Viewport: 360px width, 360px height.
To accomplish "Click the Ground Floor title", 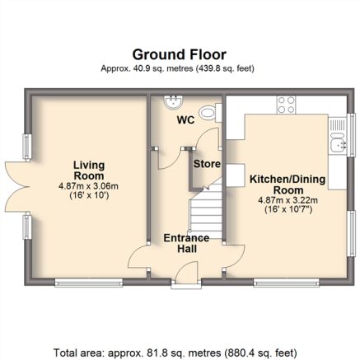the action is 180,54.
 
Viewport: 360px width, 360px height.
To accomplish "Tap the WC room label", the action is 185,120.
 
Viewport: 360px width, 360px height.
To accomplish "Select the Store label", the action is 207,164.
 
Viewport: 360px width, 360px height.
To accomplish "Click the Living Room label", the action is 89,171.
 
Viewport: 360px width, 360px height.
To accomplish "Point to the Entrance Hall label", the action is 186,243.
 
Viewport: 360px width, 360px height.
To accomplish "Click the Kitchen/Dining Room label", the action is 288,185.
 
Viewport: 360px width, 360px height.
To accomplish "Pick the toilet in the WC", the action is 211,112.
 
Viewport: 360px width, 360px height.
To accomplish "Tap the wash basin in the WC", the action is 173,102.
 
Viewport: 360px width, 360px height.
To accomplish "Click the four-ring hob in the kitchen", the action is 287,105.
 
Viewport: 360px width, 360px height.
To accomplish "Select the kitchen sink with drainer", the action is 338,136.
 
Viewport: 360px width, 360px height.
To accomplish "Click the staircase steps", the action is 206,210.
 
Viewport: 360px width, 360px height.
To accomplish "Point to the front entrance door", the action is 187,272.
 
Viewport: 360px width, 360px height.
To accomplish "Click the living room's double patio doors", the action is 17,187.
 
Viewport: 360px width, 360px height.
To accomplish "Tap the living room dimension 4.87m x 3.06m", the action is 88,186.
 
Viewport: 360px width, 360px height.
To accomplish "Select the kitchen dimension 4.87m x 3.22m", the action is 288,200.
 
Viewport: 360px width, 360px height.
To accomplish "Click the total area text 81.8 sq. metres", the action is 165,353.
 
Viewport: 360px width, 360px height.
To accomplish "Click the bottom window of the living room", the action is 89,283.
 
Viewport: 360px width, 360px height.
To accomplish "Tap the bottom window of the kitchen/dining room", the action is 287,283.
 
